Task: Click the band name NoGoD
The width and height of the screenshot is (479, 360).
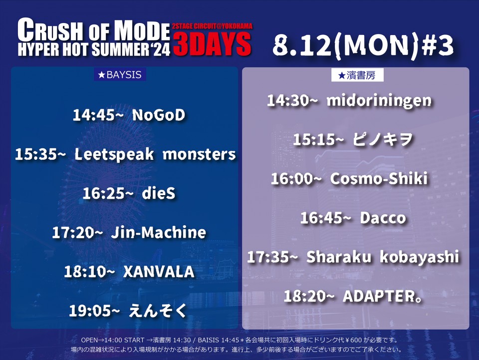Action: pos(159,115)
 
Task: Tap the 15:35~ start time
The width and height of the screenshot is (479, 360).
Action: pos(40,154)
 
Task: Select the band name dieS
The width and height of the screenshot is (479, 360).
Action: pos(159,193)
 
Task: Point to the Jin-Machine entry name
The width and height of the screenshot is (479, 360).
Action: pos(159,232)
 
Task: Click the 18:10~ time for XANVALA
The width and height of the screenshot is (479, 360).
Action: pos(89,272)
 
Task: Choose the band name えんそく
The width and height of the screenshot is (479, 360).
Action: pos(158,311)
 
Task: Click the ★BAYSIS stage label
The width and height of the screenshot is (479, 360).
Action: pos(120,74)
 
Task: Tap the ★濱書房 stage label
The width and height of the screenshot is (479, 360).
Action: pos(357,75)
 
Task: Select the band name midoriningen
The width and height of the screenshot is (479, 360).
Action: pos(379,101)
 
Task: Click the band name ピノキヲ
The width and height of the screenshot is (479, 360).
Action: pos(383,140)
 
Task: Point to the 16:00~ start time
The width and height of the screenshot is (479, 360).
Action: pos(296,179)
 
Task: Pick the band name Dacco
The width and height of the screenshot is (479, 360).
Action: pos(383,218)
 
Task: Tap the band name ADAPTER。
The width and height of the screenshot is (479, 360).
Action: pos(383,296)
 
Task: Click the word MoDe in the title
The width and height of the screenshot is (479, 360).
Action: pos(142,30)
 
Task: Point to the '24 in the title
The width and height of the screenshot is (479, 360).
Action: pos(160,49)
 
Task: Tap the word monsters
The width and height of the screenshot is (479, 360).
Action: pos(199,154)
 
